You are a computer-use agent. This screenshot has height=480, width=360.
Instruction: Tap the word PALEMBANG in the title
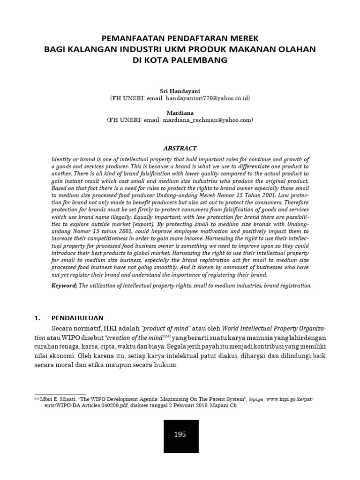click(202, 60)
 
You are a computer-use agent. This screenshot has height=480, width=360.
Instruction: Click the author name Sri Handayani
click(180, 90)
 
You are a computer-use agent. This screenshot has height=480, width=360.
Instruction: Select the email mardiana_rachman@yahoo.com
click(207, 120)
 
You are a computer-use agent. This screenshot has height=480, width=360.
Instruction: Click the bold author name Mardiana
click(180, 112)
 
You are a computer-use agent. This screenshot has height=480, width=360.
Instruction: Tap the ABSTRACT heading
click(180, 148)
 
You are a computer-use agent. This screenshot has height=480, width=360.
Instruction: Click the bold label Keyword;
click(64, 285)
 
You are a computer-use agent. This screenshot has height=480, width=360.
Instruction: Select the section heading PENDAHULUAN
click(77, 317)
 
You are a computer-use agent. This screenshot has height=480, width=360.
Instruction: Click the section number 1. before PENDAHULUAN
click(38, 317)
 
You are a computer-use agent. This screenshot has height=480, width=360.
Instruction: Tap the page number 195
click(180, 434)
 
